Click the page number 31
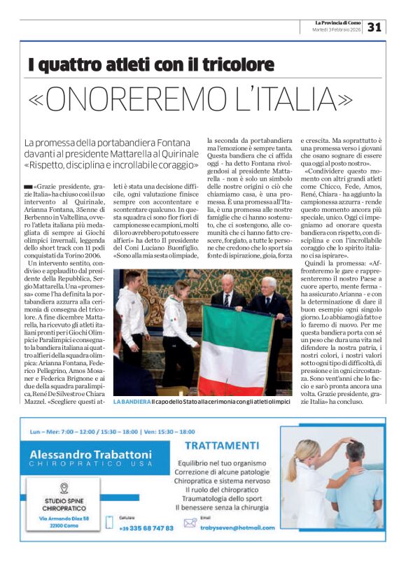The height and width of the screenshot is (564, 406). click(374, 27)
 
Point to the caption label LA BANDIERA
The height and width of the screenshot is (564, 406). click(132, 402)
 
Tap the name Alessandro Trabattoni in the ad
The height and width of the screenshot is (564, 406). click(90, 454)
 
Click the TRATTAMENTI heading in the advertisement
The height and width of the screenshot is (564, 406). click(223, 446)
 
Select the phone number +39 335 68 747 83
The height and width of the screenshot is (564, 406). click(145, 528)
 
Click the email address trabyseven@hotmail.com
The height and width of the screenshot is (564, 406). click(234, 528)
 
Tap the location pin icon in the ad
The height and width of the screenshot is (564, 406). click(64, 488)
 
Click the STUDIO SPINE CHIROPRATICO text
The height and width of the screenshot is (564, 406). click(64, 505)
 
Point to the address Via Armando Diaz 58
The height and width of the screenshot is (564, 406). click(64, 519)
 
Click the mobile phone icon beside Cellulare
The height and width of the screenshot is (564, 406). click(110, 521)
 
